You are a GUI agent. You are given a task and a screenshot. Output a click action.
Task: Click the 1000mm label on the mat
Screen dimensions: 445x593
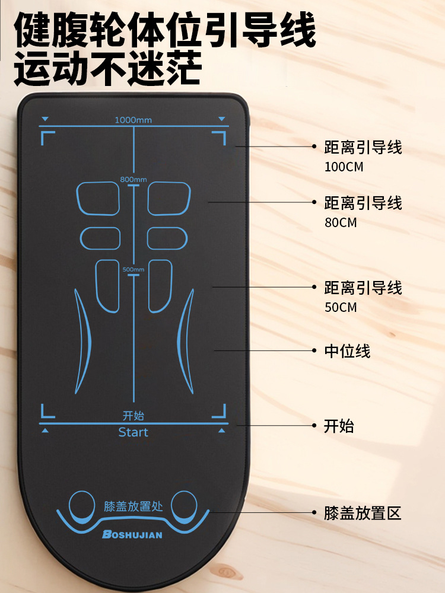[x=133, y=120]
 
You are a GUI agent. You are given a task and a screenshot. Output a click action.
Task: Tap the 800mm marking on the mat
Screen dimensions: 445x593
[x=133, y=179]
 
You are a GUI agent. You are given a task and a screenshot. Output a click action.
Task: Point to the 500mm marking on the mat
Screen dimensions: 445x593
[x=133, y=269]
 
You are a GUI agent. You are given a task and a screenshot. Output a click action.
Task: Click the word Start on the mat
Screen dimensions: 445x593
[x=133, y=432]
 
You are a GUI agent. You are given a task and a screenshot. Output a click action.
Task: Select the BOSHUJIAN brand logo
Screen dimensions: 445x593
[x=132, y=534]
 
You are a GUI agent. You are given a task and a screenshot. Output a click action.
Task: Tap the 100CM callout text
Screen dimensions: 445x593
[x=344, y=167]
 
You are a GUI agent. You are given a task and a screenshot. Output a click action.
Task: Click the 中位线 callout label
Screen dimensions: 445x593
[x=347, y=351]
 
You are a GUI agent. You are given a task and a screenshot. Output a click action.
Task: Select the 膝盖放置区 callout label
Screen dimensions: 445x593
[x=363, y=513]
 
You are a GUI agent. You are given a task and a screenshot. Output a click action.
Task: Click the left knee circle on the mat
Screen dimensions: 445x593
[x=81, y=505]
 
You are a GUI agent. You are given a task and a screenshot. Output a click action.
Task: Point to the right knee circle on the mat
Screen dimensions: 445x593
[x=184, y=505]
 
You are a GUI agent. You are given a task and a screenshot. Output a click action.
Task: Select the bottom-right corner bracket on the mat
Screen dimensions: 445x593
[x=220, y=411]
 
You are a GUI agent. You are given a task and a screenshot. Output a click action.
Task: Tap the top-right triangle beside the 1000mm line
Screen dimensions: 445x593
[x=222, y=119]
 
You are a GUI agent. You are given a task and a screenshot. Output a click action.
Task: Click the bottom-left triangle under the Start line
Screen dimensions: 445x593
[x=46, y=430]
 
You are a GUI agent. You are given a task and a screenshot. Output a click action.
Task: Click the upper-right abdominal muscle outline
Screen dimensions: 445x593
[x=169, y=198]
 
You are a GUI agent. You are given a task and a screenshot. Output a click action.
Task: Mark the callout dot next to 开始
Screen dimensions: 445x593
[x=314, y=425]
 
